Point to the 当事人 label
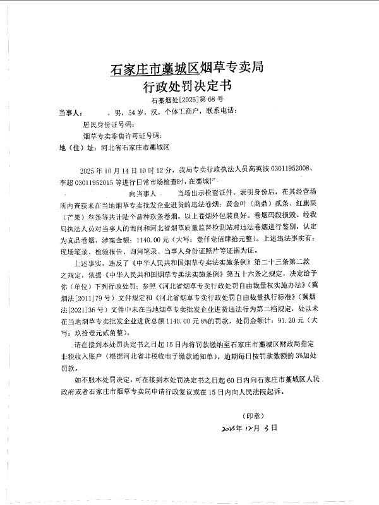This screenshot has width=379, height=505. [70, 113]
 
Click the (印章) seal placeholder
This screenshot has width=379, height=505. [253, 416]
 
